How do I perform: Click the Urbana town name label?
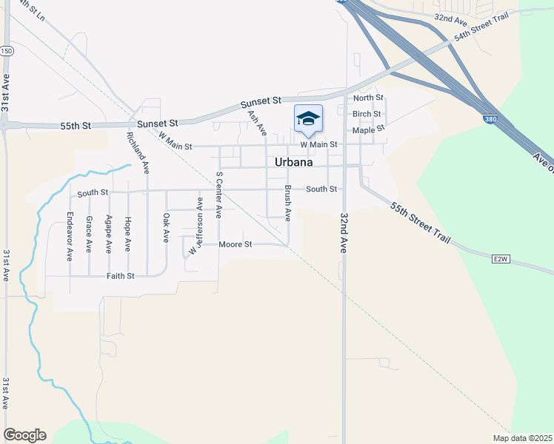293,162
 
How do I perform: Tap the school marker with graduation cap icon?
308,118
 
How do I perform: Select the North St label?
368,98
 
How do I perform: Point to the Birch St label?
367,114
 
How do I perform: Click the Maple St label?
369,129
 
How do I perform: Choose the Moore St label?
236,243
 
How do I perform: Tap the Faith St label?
121,276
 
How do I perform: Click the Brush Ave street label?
287,203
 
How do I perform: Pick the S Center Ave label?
218,195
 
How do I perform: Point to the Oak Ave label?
166,227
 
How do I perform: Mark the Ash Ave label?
256,123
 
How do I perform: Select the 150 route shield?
7,50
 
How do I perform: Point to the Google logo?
24,435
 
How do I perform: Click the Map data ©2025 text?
522,438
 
